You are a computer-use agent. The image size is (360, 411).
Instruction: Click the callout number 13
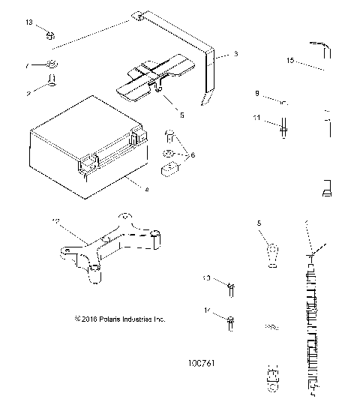[x=29, y=23]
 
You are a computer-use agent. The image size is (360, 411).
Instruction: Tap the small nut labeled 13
[x=49, y=34]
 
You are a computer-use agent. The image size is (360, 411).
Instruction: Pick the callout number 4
[x=146, y=190]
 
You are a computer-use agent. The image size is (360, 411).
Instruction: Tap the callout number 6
[x=193, y=154]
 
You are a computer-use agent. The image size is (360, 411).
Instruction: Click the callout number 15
[x=290, y=58]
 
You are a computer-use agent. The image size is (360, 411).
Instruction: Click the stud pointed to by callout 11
[x=285, y=127]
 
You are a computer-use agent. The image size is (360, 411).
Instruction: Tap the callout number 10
[x=207, y=279]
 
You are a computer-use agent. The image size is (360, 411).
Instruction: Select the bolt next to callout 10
[x=231, y=285]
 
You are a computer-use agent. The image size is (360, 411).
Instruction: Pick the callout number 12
[x=54, y=220]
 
